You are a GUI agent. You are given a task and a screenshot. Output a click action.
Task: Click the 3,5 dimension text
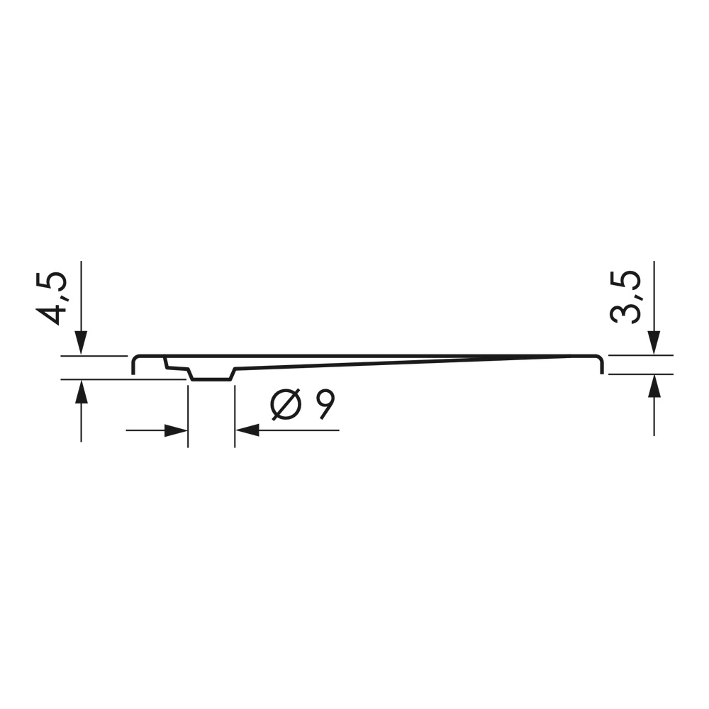625,297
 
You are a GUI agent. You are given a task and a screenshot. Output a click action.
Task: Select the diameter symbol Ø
285,404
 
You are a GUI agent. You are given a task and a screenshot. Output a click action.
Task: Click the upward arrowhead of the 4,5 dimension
81,392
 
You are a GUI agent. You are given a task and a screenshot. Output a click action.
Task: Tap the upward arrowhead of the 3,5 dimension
654,386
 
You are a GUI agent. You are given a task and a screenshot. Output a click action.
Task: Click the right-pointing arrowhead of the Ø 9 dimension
176,430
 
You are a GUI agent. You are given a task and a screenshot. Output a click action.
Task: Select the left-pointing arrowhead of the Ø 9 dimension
247,430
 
